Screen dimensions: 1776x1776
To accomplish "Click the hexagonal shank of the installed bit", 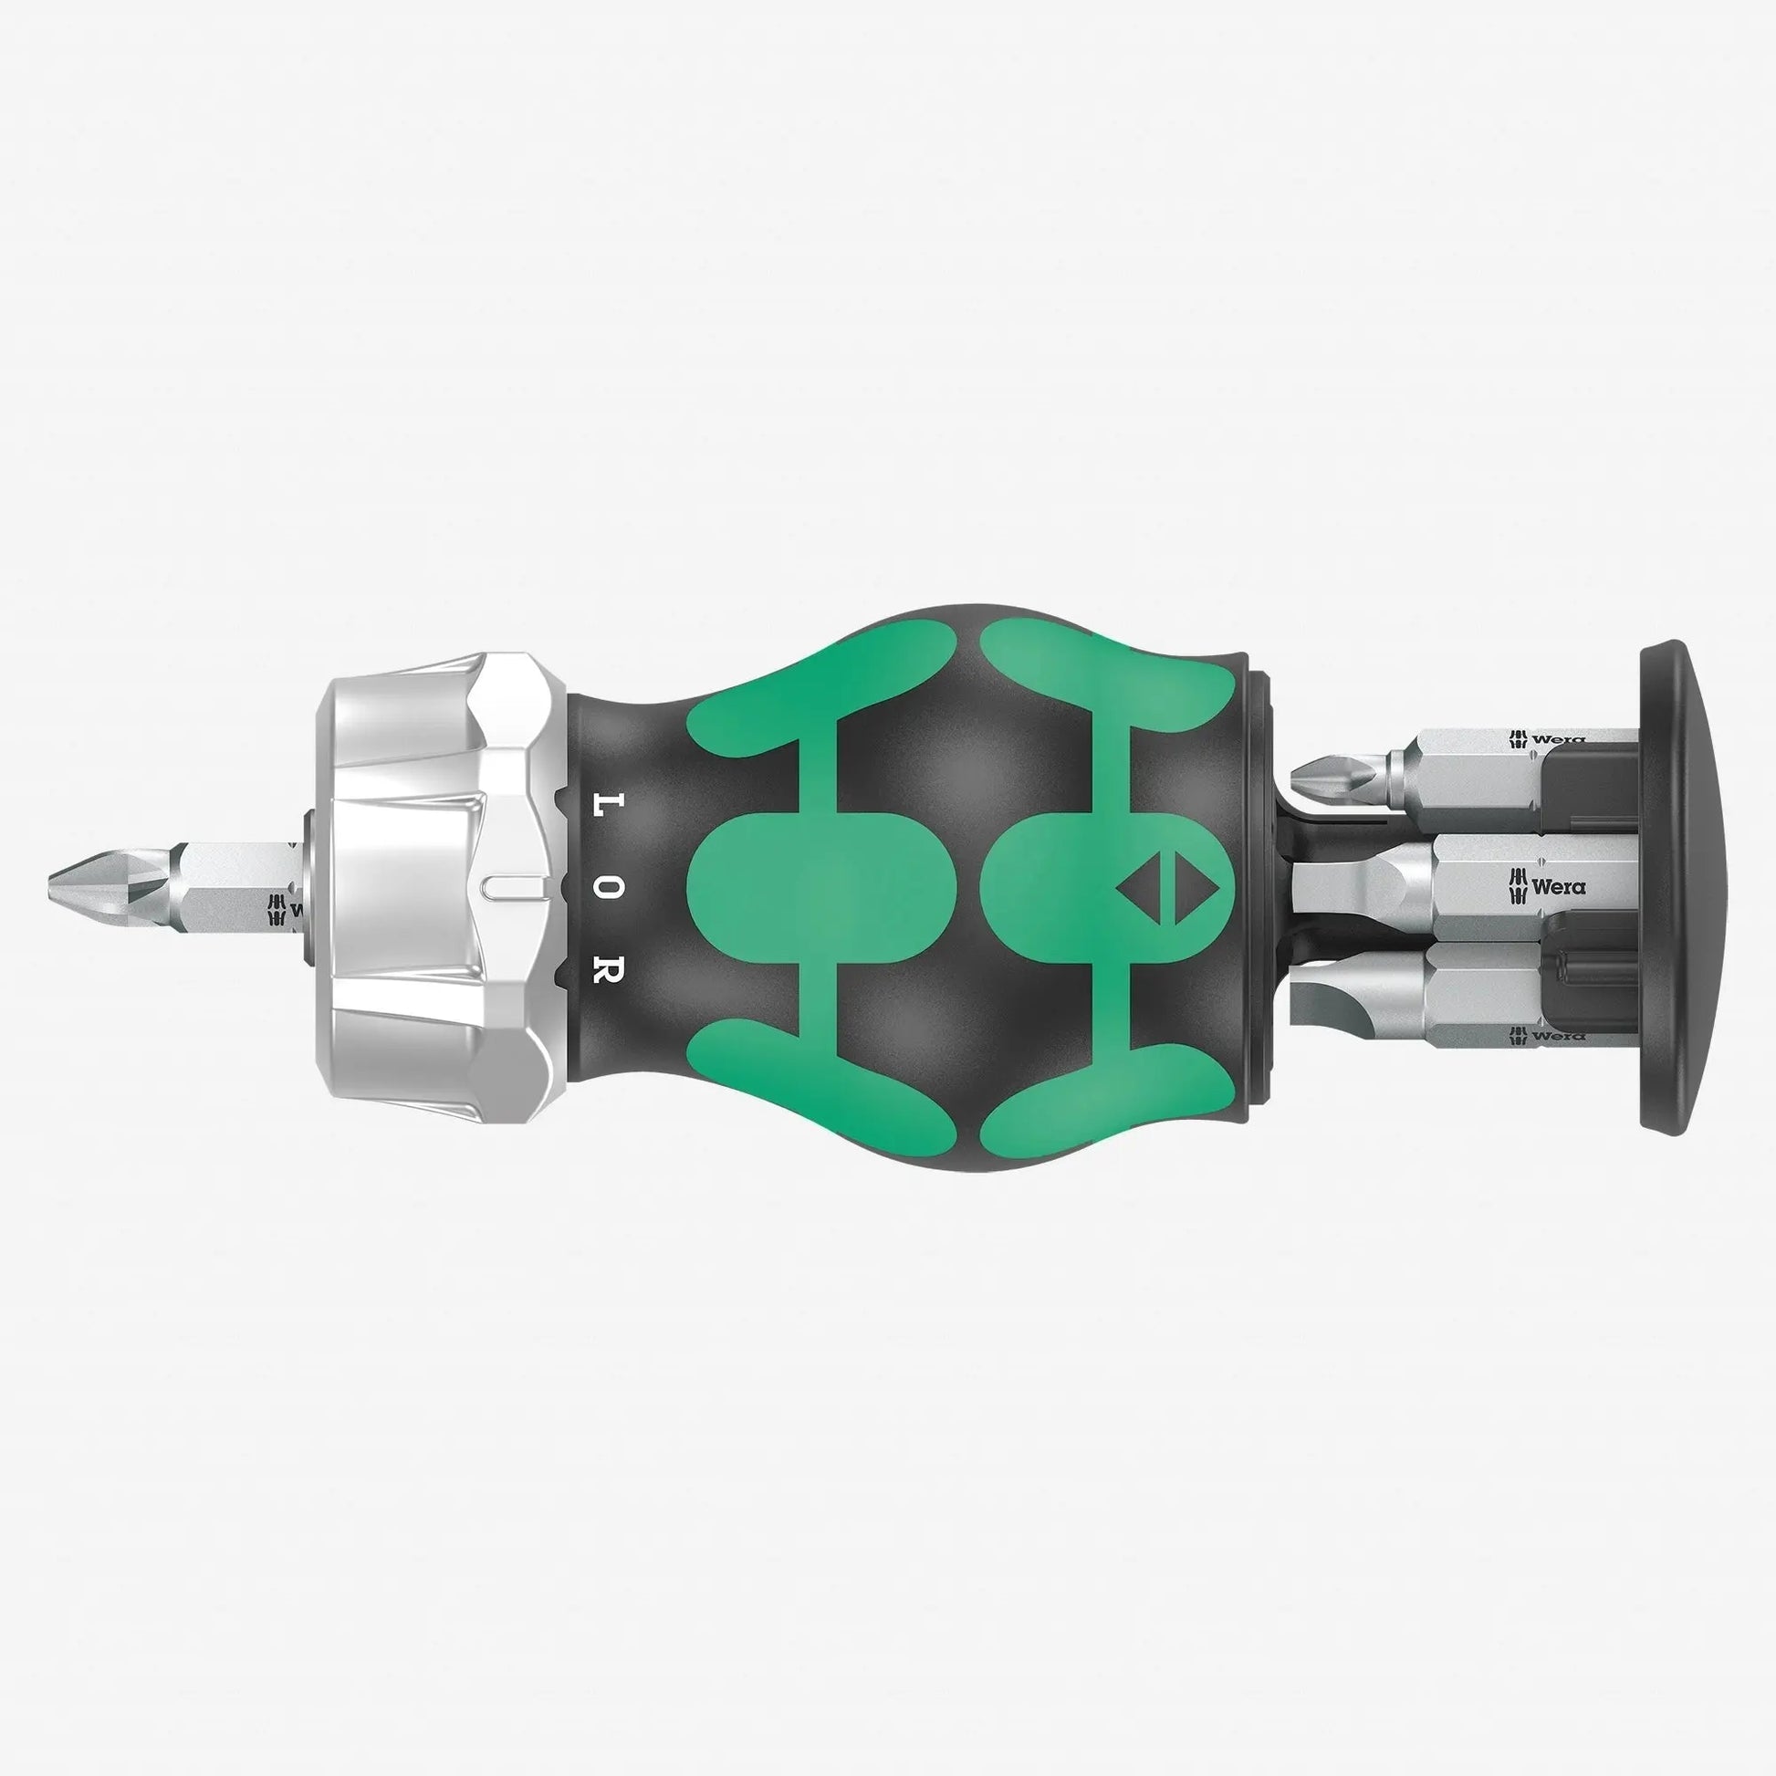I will pos(235,884).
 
